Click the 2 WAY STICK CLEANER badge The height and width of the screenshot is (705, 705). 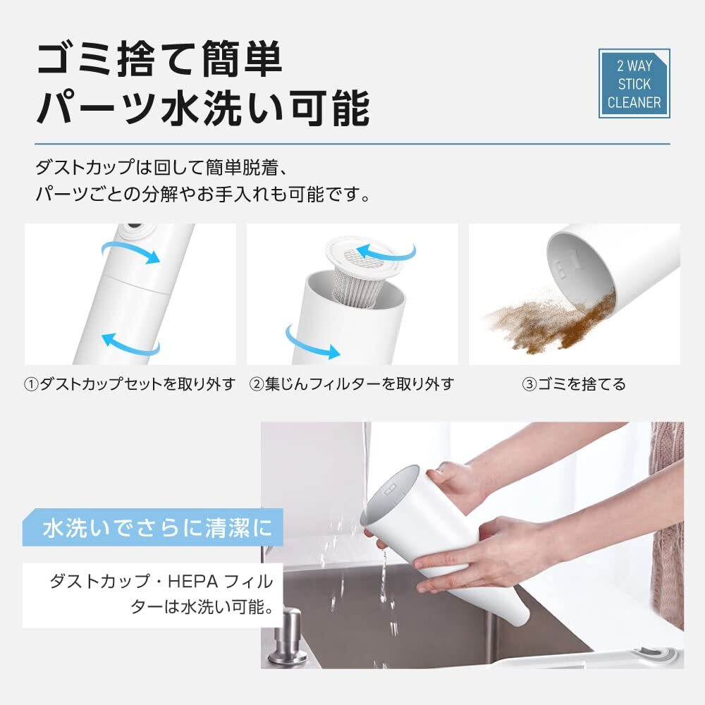(x=634, y=84)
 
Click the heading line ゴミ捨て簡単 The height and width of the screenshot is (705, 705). (x=160, y=61)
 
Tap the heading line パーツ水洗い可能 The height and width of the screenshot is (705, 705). (x=202, y=108)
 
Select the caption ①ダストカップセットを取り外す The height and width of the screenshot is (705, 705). (x=130, y=384)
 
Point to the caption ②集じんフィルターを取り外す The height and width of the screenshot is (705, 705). (x=351, y=384)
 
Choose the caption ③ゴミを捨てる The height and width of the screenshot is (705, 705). (x=573, y=384)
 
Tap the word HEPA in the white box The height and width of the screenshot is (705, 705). (x=185, y=582)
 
